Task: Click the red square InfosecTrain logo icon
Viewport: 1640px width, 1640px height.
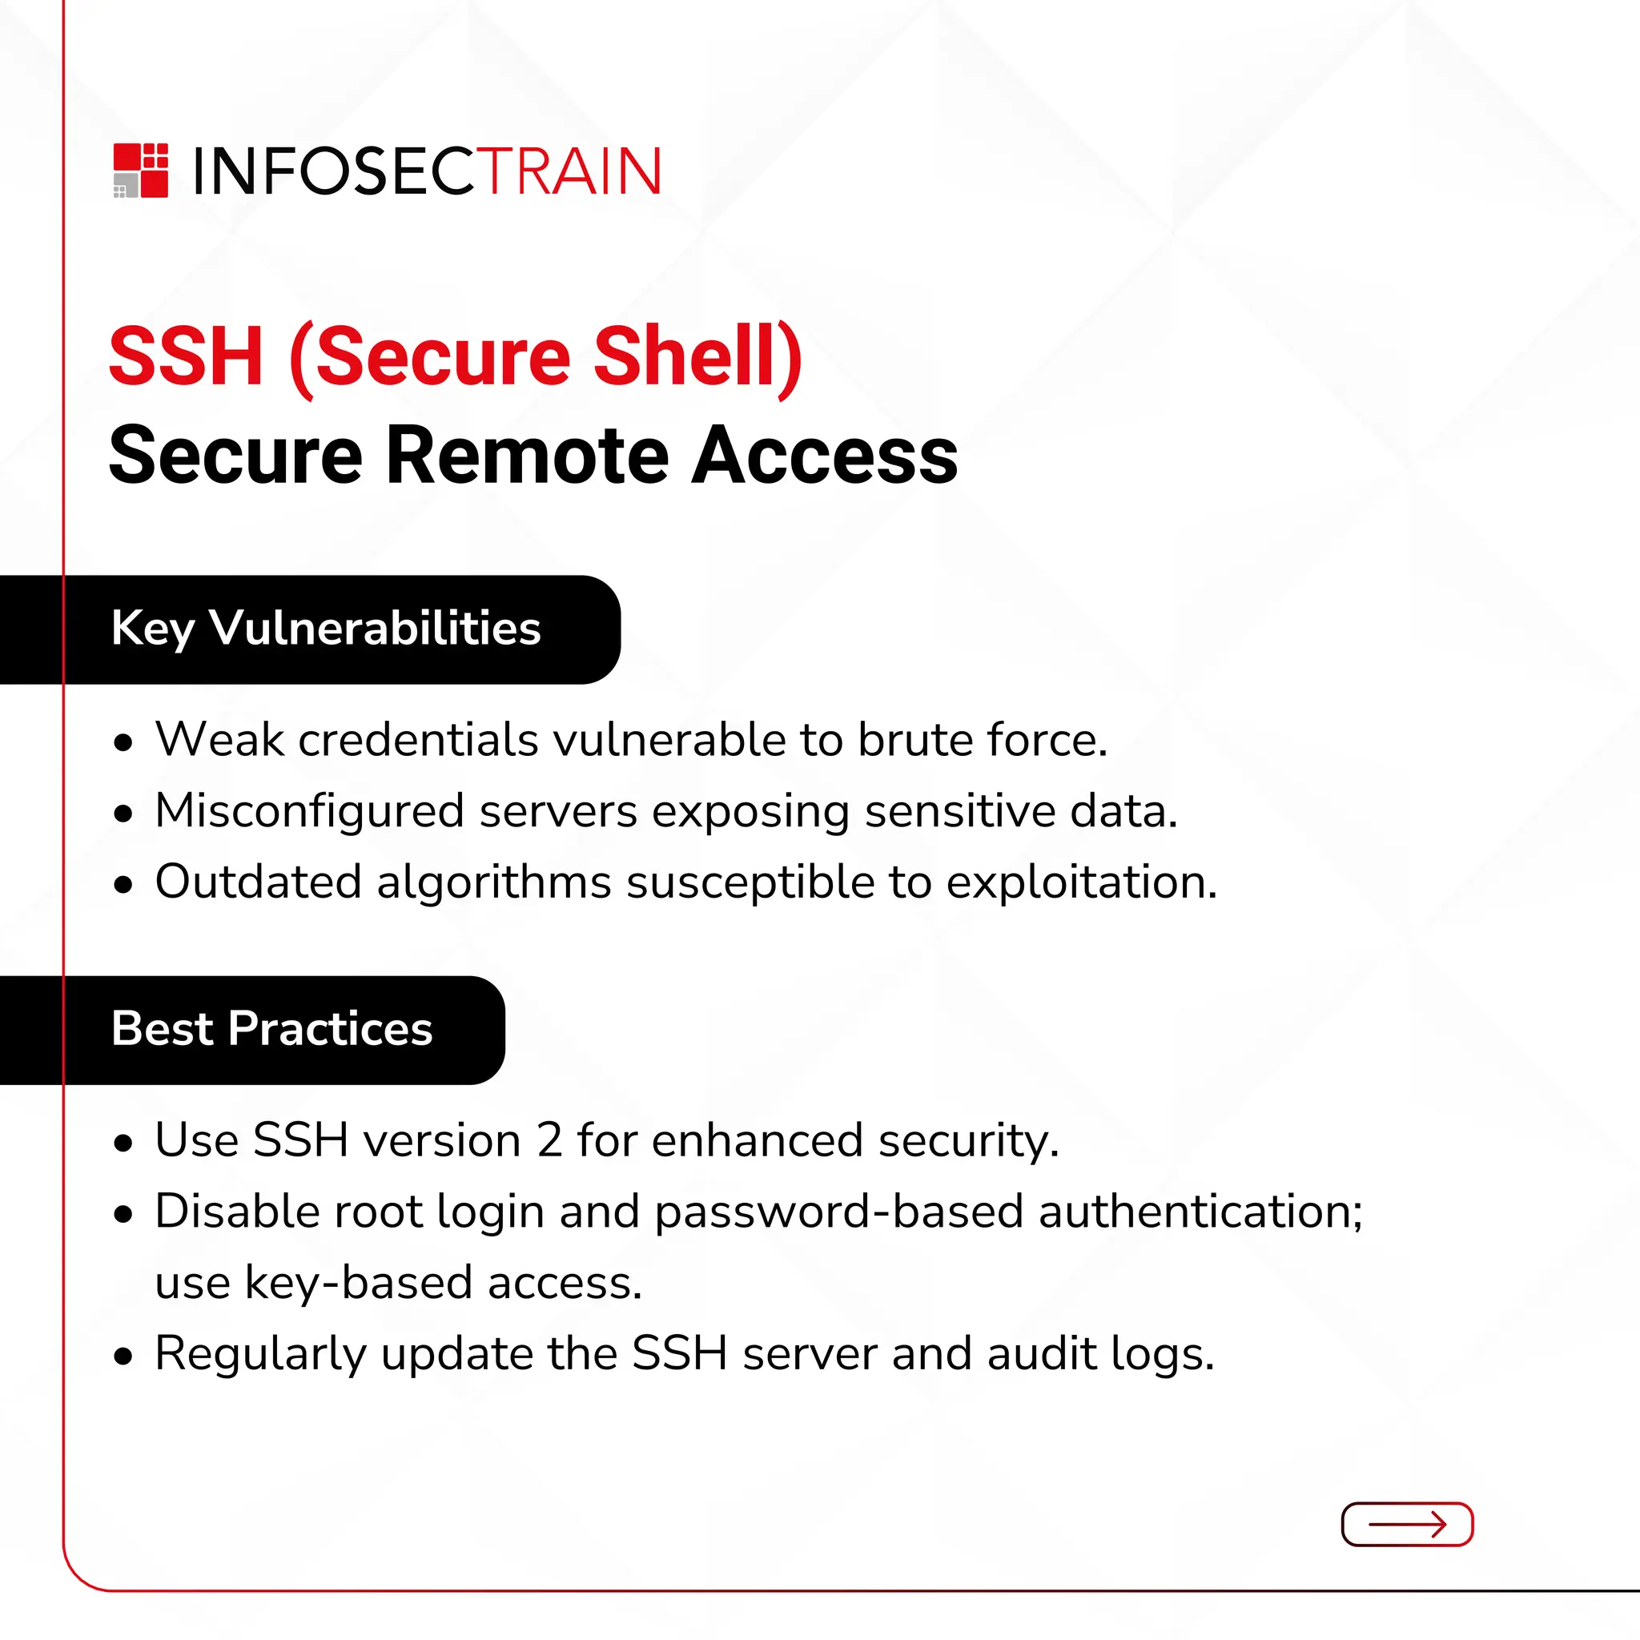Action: tap(141, 171)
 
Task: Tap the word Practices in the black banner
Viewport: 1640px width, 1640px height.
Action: tap(330, 1029)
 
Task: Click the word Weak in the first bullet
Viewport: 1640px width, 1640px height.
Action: tap(219, 739)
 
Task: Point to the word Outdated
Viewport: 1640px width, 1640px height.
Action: tap(258, 882)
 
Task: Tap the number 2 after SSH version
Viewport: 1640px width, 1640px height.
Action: tap(549, 1140)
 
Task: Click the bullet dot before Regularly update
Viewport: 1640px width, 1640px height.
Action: tap(124, 1357)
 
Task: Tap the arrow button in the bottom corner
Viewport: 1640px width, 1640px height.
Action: tap(1406, 1525)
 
